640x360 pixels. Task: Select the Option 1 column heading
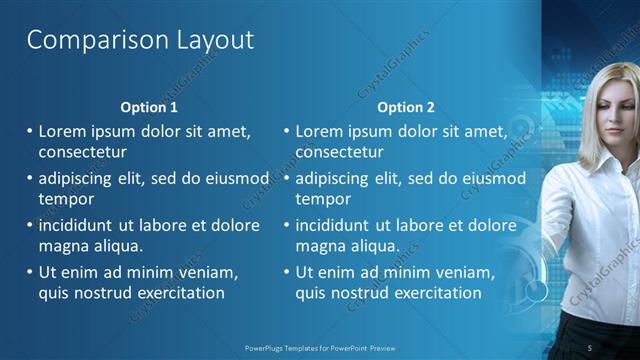coord(149,107)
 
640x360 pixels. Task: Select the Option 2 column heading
coord(406,107)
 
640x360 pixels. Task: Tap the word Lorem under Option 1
coord(62,131)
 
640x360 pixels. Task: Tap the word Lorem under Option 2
coord(319,131)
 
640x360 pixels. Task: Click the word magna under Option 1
coord(63,245)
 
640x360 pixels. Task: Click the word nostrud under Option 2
coord(365,293)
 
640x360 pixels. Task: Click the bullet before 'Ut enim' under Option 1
coord(30,273)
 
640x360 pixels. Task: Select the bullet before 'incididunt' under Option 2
coord(287,226)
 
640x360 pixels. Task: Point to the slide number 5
coord(589,347)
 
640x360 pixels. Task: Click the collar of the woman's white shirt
coord(600,160)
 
